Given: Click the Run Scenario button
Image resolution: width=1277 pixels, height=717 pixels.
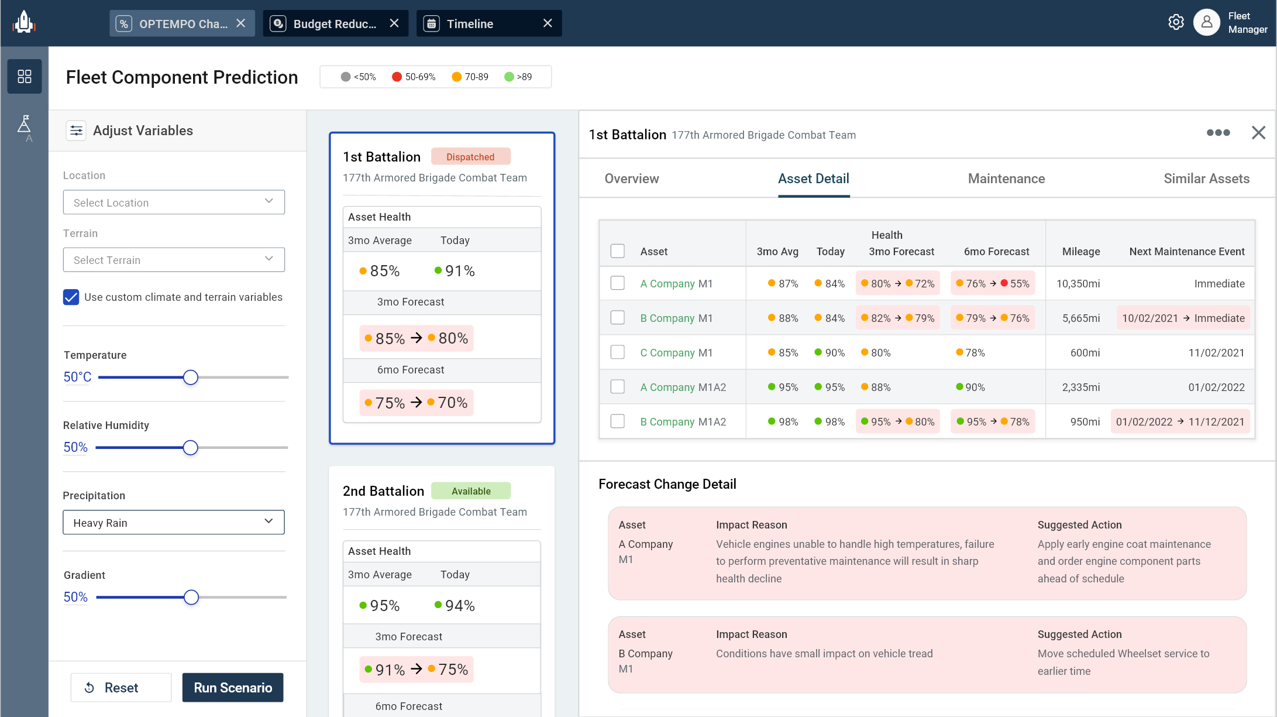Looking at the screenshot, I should click(x=232, y=688).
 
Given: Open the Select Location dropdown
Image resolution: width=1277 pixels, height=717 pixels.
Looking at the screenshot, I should click(x=174, y=203).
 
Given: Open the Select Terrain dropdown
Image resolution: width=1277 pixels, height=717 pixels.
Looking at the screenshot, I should click(x=174, y=260).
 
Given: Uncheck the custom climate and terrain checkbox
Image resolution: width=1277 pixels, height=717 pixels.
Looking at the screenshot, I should click(x=71, y=297).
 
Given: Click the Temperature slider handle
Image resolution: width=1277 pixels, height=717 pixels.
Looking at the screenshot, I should click(x=190, y=378).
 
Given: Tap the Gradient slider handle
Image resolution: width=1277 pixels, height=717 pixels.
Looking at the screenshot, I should click(x=191, y=598).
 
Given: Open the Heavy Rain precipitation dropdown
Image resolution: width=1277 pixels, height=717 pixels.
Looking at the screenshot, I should click(x=174, y=523).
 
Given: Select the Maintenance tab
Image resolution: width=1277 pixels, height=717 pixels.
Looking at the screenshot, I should click(x=1006, y=179).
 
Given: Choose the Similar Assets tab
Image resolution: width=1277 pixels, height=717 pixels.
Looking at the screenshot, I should click(x=1206, y=179).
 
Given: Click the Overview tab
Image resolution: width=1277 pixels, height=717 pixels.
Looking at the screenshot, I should click(x=631, y=179).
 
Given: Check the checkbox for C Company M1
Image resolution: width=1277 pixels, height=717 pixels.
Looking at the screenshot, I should click(x=617, y=352).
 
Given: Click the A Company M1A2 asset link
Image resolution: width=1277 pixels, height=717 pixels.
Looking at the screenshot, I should click(x=683, y=387).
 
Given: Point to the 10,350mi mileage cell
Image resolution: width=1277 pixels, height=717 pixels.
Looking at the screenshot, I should click(x=1078, y=284).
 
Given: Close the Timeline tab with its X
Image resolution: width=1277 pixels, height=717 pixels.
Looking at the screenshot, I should click(x=548, y=23).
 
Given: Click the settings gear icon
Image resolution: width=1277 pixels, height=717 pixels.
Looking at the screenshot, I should click(x=1176, y=22).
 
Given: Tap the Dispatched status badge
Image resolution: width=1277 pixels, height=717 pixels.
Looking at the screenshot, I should click(x=470, y=157).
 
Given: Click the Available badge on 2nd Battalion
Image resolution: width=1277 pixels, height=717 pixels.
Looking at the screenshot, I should click(x=471, y=491).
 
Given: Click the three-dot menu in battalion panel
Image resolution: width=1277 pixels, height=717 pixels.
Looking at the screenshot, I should click(x=1218, y=133).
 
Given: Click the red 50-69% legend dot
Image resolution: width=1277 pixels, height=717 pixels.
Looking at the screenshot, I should click(x=397, y=77).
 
